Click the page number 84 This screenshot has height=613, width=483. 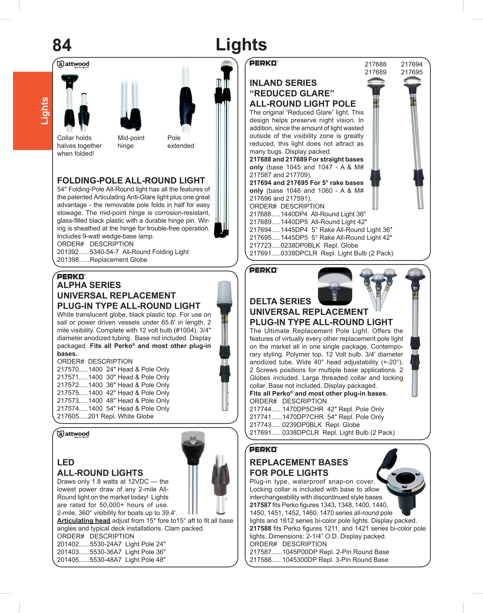point(62,46)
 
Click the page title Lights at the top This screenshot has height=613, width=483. point(241,45)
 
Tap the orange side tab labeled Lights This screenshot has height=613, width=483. point(33,111)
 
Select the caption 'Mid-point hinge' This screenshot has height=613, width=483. point(131,142)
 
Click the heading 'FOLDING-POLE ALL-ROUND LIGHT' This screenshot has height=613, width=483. point(131,180)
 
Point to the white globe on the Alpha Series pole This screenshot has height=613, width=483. point(224,293)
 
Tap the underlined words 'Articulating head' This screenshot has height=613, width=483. point(83,521)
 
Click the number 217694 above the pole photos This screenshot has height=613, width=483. point(412,64)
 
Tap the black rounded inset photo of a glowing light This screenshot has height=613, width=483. point(335,286)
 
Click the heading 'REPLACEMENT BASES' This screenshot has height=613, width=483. point(299,462)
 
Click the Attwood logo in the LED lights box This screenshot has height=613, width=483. point(73,434)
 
